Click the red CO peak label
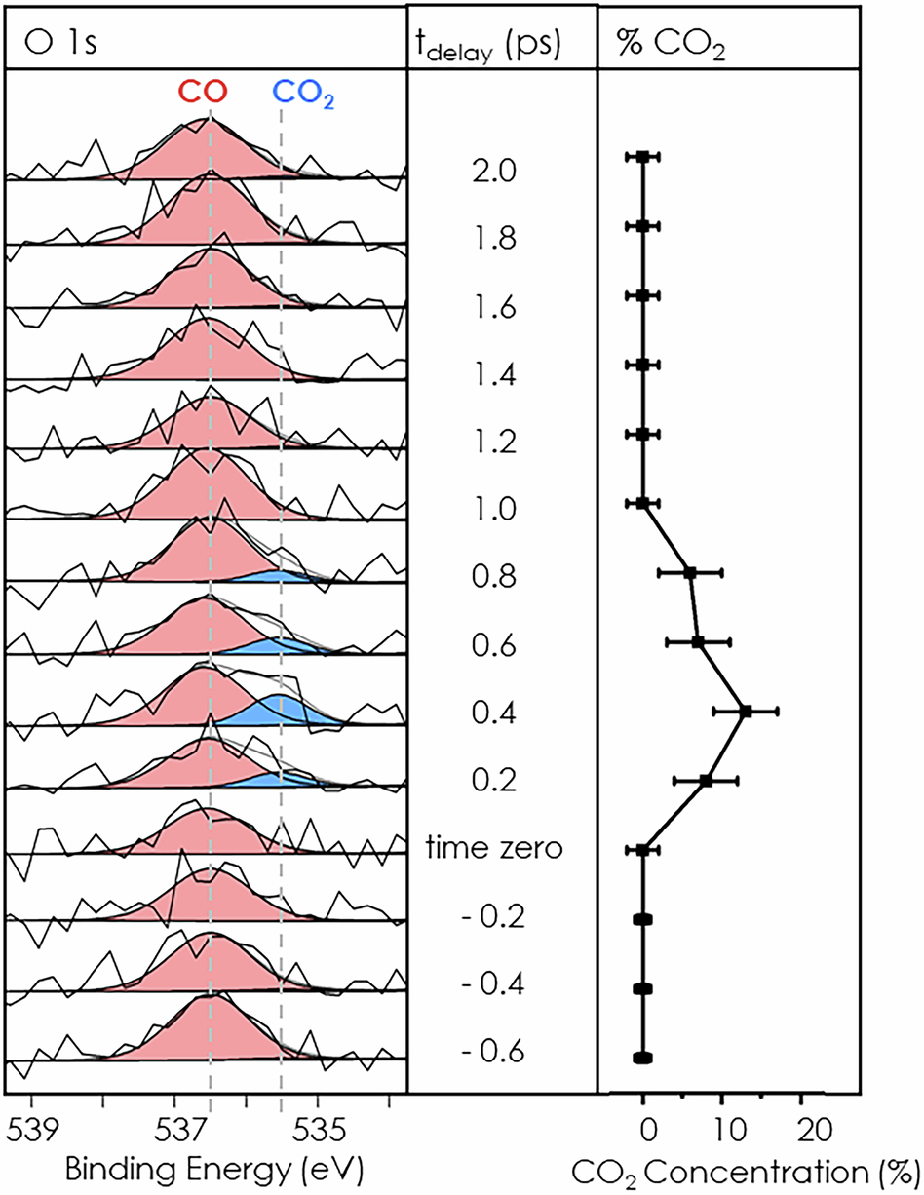203,94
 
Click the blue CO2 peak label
307,94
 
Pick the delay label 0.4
494,716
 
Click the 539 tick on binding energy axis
37,1130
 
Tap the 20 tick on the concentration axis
802,1130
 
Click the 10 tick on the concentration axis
722,1130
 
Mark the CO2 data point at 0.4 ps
746,712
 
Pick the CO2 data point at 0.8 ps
690,572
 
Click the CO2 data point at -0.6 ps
642,1058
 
